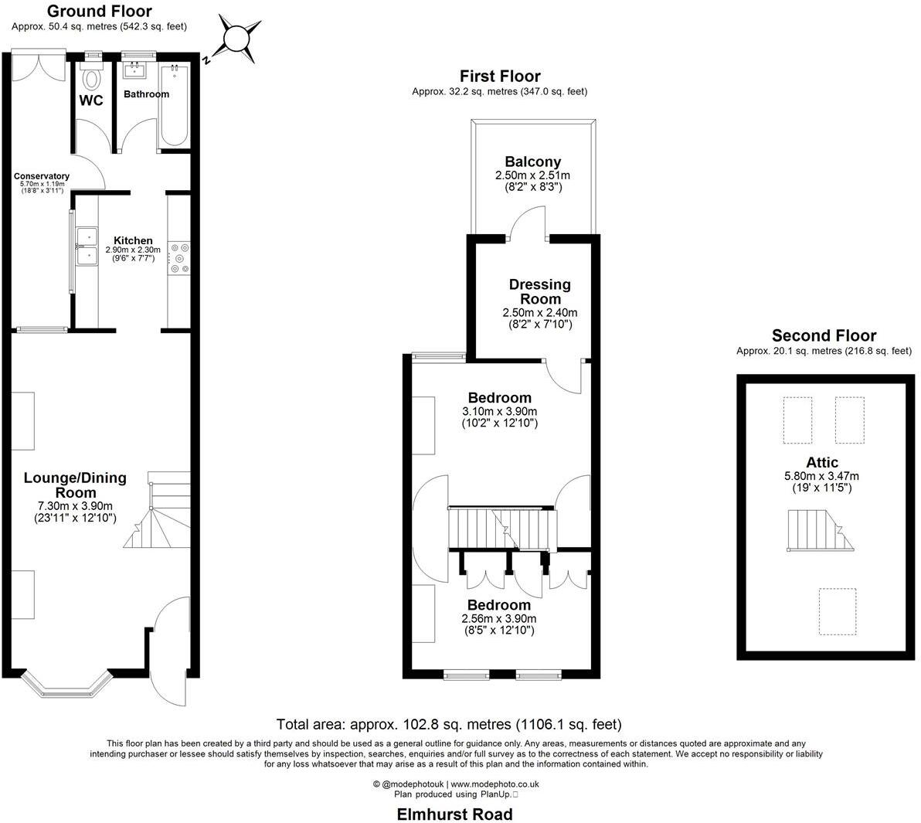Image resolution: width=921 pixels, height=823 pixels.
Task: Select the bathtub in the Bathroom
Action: click(x=175, y=106)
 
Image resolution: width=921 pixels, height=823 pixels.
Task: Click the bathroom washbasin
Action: click(x=135, y=71)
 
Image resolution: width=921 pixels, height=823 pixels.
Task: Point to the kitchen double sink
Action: click(x=86, y=247)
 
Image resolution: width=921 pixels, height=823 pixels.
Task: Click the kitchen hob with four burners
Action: click(x=179, y=258)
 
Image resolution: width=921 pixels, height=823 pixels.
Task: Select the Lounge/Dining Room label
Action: click(x=74, y=485)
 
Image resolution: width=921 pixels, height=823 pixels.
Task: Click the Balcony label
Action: click(x=532, y=162)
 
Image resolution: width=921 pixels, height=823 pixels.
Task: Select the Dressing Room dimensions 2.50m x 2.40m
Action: click(x=539, y=313)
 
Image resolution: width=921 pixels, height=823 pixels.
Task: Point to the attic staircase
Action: click(x=821, y=530)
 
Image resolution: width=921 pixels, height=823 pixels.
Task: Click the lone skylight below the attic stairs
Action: click(x=837, y=611)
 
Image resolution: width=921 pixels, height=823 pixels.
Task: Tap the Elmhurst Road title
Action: click(x=454, y=814)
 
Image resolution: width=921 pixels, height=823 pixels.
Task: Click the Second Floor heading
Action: click(x=824, y=335)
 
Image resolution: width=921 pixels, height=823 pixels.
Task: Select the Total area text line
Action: click(x=449, y=724)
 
